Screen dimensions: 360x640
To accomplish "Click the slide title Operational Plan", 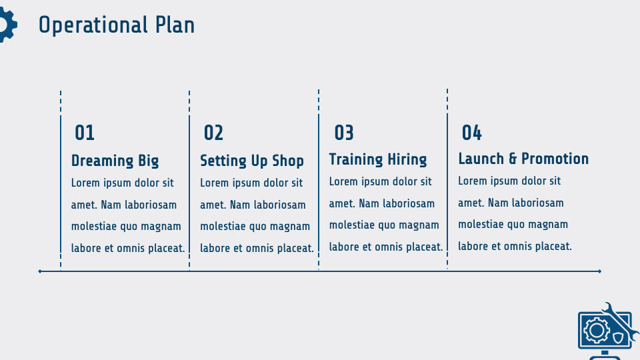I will pyautogui.click(x=117, y=25).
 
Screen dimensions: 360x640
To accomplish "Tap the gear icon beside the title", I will pyautogui.click(x=5, y=25).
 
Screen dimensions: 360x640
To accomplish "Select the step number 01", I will pyautogui.click(x=85, y=133).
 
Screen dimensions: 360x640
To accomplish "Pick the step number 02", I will pyautogui.click(x=213, y=133).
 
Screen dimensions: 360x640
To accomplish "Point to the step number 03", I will pyautogui.click(x=344, y=133).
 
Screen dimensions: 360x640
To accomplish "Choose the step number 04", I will pyautogui.click(x=472, y=133).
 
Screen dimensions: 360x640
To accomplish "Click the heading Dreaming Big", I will pyautogui.click(x=115, y=161).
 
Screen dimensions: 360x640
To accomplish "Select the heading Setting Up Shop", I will pyautogui.click(x=252, y=161).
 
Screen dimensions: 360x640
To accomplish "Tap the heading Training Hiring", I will pyautogui.click(x=378, y=159).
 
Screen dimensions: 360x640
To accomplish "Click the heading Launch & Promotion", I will pyautogui.click(x=523, y=159).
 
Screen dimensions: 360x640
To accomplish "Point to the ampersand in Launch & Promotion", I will pyautogui.click(x=513, y=159).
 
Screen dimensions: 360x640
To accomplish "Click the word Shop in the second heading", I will pyautogui.click(x=288, y=161).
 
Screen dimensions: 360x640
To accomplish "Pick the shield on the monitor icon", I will pyautogui.click(x=618, y=337).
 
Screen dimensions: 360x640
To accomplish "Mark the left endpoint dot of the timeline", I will pyautogui.click(x=40, y=271).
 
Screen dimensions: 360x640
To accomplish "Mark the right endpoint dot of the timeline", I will pyautogui.click(x=600, y=271).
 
